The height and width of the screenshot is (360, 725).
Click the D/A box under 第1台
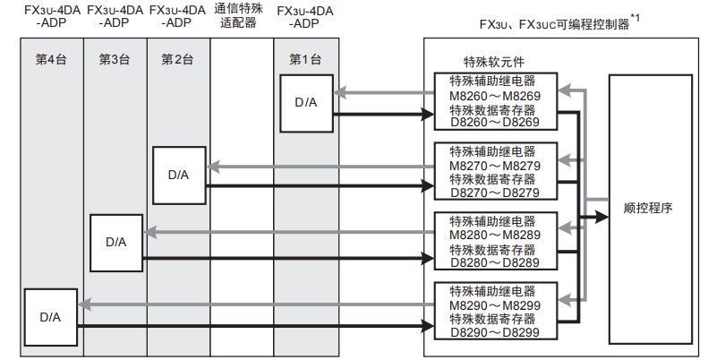pos(305,101)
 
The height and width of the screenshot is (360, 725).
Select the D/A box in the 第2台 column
pos(179,173)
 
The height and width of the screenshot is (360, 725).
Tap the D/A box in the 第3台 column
pos(116,241)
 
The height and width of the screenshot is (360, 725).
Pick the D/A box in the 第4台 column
pos(49,316)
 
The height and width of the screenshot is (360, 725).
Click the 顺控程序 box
pos(648,208)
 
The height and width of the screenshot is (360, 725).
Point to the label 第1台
pos(305,59)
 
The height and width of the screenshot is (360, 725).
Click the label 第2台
pos(177,59)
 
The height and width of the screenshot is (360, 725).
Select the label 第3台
pos(115,59)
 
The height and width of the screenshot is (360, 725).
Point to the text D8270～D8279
pos(494,193)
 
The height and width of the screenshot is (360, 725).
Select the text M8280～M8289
pos(494,236)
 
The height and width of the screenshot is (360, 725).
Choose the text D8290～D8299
pos(494,332)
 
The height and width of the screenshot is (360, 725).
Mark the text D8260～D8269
pos(494,123)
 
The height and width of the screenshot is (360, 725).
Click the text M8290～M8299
pos(494,305)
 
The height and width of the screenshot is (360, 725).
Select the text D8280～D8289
pos(494,263)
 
